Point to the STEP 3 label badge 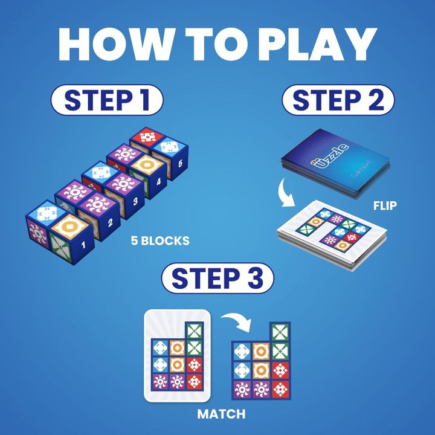pyautogui.click(x=217, y=279)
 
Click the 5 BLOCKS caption pyautogui.click(x=160, y=241)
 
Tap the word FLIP pyautogui.click(x=384, y=206)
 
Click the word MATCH pyautogui.click(x=221, y=414)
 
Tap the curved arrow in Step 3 pyautogui.click(x=236, y=323)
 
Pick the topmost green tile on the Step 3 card pyautogui.click(x=193, y=332)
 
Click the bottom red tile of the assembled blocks pyautogui.click(x=279, y=387)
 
